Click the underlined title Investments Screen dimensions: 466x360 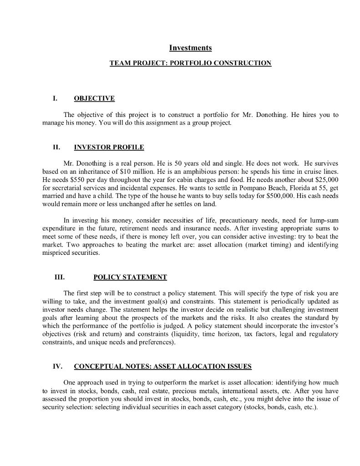point(190,48)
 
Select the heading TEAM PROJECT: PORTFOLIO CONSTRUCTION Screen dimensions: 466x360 point(190,63)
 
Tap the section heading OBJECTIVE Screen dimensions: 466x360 point(94,98)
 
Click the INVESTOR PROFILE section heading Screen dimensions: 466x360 point(109,147)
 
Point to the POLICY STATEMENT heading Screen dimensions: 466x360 point(130,277)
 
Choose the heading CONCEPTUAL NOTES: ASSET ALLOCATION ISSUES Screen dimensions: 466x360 point(162,366)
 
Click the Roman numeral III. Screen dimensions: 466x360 point(59,277)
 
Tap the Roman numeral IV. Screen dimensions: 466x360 point(57,366)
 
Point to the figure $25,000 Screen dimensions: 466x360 point(326,179)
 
